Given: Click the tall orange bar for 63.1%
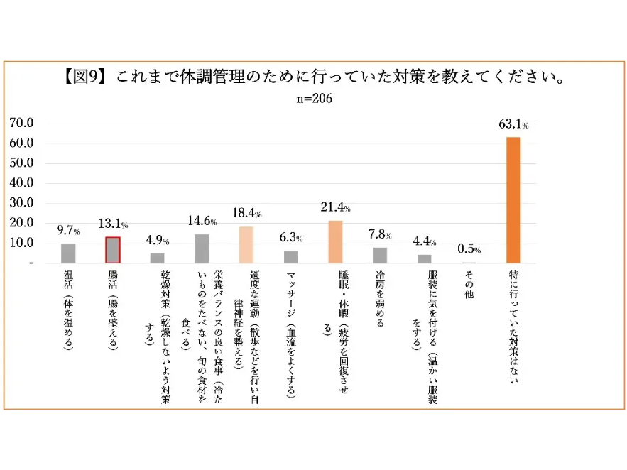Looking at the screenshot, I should [x=513, y=200].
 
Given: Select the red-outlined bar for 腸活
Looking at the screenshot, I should [x=113, y=250].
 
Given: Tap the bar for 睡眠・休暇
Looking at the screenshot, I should [x=335, y=242].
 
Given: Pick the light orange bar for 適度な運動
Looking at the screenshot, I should [x=246, y=245].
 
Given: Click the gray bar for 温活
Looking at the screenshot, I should [x=68, y=253].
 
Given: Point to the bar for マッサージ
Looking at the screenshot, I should [x=290, y=257].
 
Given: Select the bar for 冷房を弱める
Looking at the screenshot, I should [x=380, y=256].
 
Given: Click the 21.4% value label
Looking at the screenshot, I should [x=335, y=208].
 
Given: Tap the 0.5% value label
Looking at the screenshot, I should [x=469, y=250].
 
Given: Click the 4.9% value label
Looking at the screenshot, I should [x=157, y=241].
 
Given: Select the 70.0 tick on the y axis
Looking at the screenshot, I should [x=21, y=123].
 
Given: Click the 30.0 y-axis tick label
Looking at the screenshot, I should [x=21, y=203].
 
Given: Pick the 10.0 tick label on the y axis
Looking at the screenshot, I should [x=21, y=243].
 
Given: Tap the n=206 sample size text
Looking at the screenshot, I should [x=313, y=99].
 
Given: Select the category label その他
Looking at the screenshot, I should [x=469, y=285].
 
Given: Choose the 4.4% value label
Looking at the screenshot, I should [x=425, y=241].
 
